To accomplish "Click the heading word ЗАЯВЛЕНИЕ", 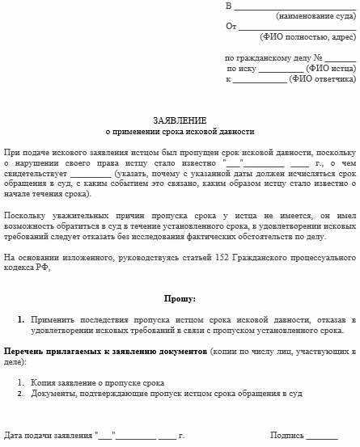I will click(x=180, y=120).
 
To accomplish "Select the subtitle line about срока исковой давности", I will click(x=180, y=131).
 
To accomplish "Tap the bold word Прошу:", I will click(x=180, y=298).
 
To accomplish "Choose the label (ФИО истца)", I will click(x=332, y=69).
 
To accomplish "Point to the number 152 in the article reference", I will click(x=197, y=257).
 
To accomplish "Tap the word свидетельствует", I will click(x=35, y=174).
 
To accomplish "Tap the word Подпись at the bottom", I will click(x=286, y=436).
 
